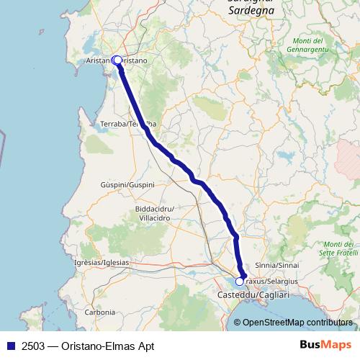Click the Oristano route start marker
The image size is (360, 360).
point(117,60)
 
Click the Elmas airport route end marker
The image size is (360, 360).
point(240,282)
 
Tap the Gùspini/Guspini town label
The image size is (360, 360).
point(127,185)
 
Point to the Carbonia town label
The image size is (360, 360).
point(99,312)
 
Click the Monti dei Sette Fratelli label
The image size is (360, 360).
point(338,248)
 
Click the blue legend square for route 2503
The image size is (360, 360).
point(12,346)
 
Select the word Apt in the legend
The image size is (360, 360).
point(144,346)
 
